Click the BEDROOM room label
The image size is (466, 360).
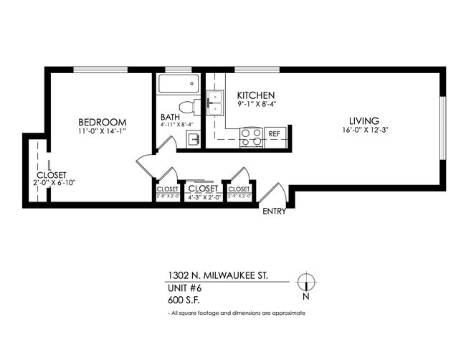pos(103,121)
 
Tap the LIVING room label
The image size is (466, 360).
pos(364,120)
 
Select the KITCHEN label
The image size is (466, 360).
pos(256,95)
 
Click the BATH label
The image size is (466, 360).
pos(170,118)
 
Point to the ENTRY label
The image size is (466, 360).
pos(274,212)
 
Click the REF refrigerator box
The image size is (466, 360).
pos(274,134)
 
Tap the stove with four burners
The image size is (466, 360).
pos(251,137)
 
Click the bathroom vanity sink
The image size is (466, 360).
pos(194,139)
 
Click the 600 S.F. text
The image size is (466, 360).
pos(184,301)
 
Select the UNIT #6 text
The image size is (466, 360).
pos(185,288)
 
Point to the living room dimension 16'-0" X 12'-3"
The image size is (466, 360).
pos(364,131)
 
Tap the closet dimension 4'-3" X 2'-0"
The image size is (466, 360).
pos(202,196)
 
